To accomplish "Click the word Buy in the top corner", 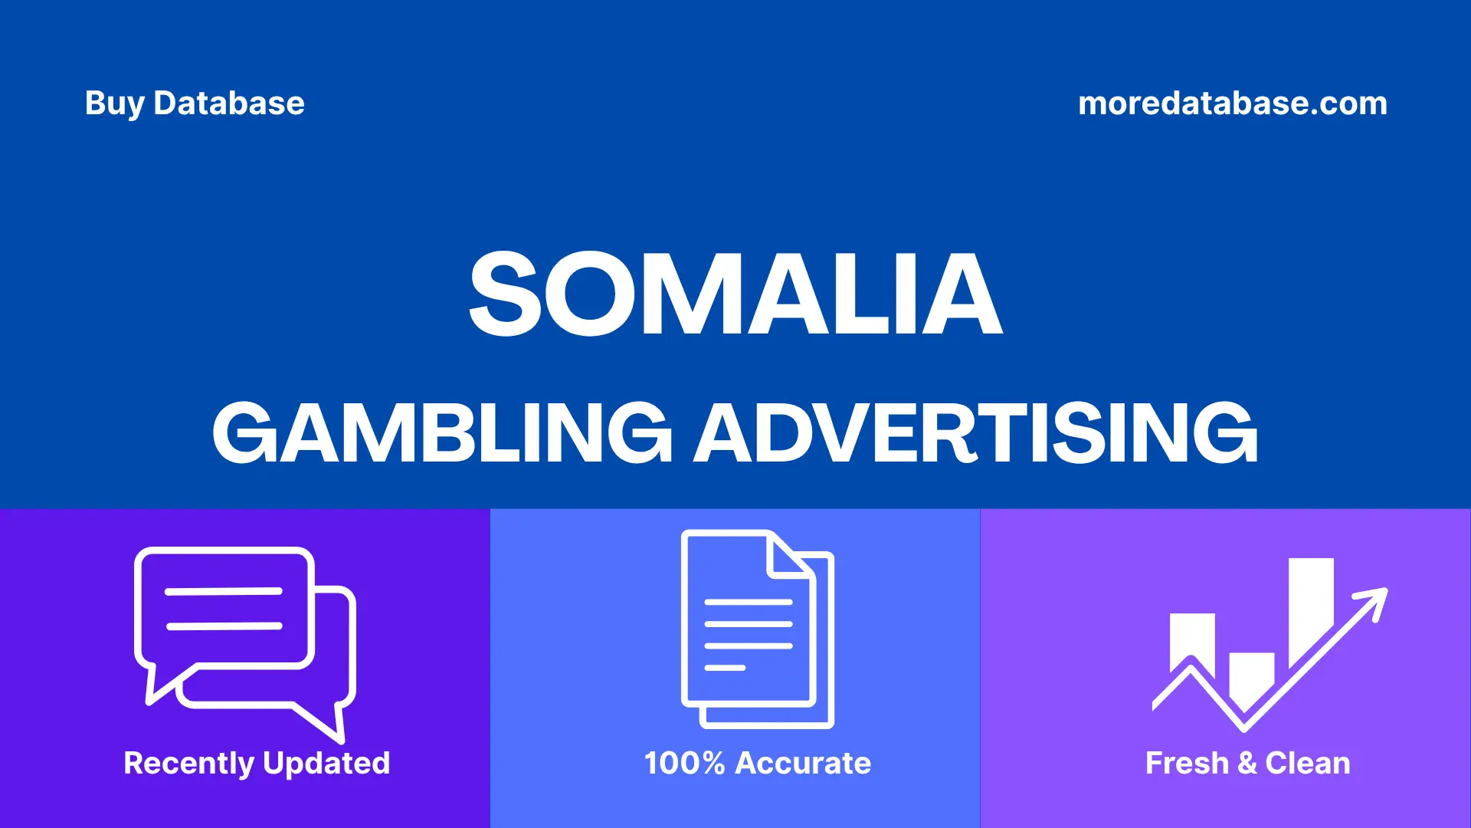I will click(115, 103).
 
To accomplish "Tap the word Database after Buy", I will click(228, 103).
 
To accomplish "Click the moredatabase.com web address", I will click(1232, 103).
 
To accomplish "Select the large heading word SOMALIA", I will click(735, 295).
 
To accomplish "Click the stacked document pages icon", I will click(757, 629).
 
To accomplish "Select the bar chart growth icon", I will click(1268, 644).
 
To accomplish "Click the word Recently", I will click(188, 764).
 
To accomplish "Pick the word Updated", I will click(326, 764).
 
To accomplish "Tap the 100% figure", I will click(684, 764).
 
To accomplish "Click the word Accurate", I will click(803, 764).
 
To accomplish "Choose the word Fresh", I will click(1187, 764).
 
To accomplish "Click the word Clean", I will click(1308, 764).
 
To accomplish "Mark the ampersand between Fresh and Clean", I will click(1247, 764).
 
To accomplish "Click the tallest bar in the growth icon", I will click(1311, 606).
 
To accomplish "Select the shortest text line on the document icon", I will click(724, 668).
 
